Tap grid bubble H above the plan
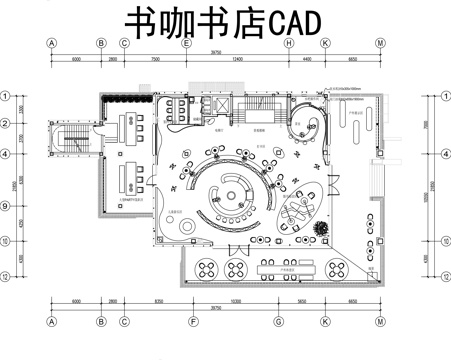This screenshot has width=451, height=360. pos(288,44)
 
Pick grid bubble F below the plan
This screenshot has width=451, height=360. pos(190,322)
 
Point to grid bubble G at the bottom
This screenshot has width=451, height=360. pos(278,322)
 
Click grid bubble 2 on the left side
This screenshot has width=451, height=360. pos(6,124)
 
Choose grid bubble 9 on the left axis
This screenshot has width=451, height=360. pos(6,207)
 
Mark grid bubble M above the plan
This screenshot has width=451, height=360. pos(381,44)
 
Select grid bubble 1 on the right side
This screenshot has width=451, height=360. pos(444,97)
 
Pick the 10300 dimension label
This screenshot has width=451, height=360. pos(234,301)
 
